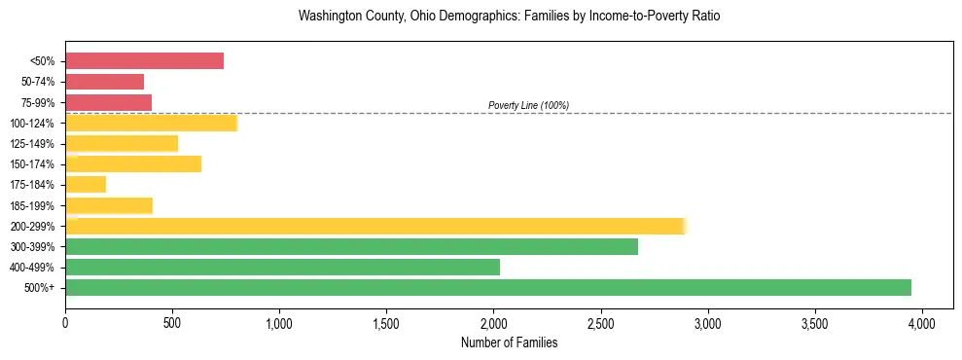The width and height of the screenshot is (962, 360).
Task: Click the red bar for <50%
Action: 144,61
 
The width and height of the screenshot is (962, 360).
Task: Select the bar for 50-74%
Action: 104,82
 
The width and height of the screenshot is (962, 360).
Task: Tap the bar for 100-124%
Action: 151,123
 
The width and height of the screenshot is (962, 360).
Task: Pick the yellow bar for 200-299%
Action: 374,226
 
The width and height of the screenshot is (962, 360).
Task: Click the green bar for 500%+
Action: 487,287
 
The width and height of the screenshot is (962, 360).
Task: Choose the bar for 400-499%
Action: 282,267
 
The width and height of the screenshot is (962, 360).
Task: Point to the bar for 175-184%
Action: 86,184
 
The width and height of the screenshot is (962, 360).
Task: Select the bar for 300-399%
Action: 351,246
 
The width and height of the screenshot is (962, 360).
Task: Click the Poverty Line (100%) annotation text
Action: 528,105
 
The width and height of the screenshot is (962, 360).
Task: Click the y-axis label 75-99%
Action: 37,102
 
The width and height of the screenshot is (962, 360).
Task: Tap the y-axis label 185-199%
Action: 34,205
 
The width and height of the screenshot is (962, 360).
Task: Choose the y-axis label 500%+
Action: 41,287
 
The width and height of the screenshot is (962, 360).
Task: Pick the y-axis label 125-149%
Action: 34,143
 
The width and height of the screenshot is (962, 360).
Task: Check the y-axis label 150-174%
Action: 34,163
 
